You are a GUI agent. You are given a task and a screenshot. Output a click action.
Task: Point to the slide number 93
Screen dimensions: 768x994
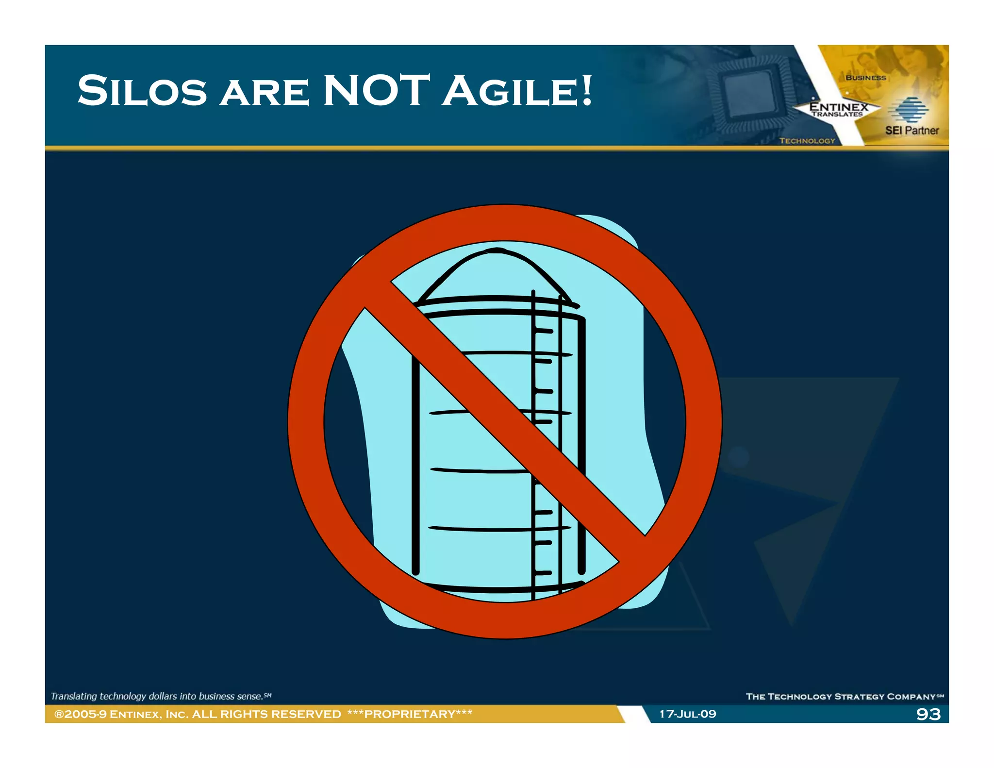tap(928, 714)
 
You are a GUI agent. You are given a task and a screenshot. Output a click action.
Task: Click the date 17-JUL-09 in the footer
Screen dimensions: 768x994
tap(687, 714)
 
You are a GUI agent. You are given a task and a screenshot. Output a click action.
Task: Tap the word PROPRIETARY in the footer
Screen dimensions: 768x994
tap(410, 714)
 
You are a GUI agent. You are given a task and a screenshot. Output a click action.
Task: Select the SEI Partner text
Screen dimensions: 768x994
tap(911, 130)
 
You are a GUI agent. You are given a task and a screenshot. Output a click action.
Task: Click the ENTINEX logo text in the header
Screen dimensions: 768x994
tap(838, 107)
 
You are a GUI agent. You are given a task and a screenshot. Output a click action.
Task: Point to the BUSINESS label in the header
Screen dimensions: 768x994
tap(865, 78)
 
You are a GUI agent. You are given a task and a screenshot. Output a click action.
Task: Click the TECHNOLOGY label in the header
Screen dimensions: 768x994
tap(807, 141)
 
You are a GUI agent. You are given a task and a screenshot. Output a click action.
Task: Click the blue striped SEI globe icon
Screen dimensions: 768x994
tap(908, 109)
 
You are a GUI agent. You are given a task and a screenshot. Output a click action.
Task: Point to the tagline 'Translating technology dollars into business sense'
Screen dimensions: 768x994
tap(160, 696)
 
